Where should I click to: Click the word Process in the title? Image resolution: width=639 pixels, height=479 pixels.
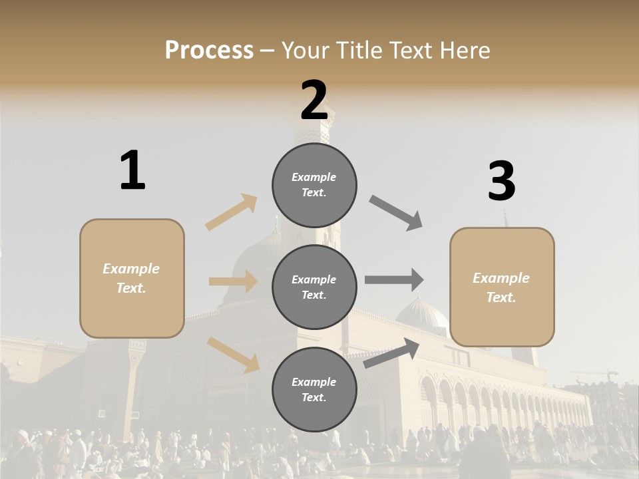pyautogui.click(x=209, y=50)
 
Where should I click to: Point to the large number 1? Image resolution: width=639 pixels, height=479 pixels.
pyautogui.click(x=132, y=171)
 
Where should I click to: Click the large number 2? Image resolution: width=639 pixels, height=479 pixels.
pyautogui.click(x=314, y=100)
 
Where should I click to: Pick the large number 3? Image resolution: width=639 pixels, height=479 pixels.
pyautogui.click(x=501, y=182)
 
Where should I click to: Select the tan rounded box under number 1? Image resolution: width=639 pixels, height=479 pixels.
pyautogui.click(x=132, y=278)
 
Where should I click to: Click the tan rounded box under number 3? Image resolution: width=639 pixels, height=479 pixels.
pyautogui.click(x=502, y=287)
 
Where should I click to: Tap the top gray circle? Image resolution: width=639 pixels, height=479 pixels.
pyautogui.click(x=314, y=185)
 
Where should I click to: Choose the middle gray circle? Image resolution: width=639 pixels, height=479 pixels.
pyautogui.click(x=314, y=287)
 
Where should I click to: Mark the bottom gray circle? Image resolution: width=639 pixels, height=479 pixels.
pyautogui.click(x=314, y=389)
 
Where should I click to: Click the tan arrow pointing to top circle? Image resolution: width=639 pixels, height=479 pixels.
pyautogui.click(x=232, y=212)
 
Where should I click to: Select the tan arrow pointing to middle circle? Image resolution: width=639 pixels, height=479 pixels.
pyautogui.click(x=233, y=281)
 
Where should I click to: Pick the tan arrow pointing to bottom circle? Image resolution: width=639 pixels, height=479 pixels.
pyautogui.click(x=233, y=355)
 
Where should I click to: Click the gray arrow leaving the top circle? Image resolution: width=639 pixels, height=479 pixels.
pyautogui.click(x=396, y=213)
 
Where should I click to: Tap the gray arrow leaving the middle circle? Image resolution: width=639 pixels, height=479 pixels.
pyautogui.click(x=393, y=279)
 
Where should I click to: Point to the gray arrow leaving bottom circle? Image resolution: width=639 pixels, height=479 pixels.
pyautogui.click(x=391, y=353)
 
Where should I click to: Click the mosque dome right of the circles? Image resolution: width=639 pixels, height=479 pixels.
pyautogui.click(x=421, y=314)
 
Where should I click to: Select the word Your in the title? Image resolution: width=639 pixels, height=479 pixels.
pyautogui.click(x=306, y=50)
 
